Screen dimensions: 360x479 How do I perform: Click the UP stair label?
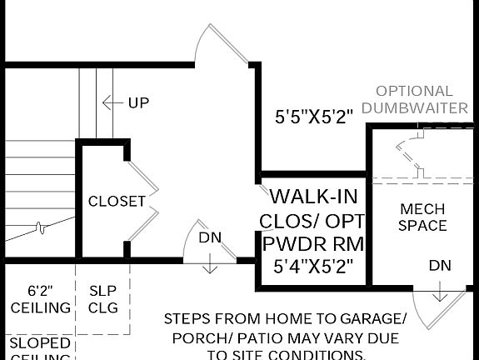pyautogui.click(x=138, y=103)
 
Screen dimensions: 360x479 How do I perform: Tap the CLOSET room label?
pyautogui.click(x=117, y=202)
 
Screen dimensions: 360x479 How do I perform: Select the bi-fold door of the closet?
pyautogui.click(x=143, y=202)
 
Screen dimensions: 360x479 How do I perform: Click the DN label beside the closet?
pyautogui.click(x=210, y=237)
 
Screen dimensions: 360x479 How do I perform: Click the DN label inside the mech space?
pyautogui.click(x=440, y=266)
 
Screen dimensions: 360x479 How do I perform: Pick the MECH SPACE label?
pyautogui.click(x=422, y=217)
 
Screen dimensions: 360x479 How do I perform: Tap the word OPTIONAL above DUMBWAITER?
pyautogui.click(x=414, y=91)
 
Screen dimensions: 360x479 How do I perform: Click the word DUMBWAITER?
pyautogui.click(x=414, y=108)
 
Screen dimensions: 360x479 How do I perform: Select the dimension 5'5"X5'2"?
pyautogui.click(x=320, y=117)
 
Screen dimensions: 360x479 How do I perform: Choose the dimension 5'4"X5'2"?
pyautogui.click(x=313, y=267)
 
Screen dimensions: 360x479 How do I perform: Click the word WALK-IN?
pyautogui.click(x=313, y=197)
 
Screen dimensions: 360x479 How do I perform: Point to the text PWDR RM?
pyautogui.click(x=313, y=245)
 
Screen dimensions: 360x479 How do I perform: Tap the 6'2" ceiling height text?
pyautogui.click(x=40, y=291)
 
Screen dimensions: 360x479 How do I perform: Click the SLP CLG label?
pyautogui.click(x=103, y=299)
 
